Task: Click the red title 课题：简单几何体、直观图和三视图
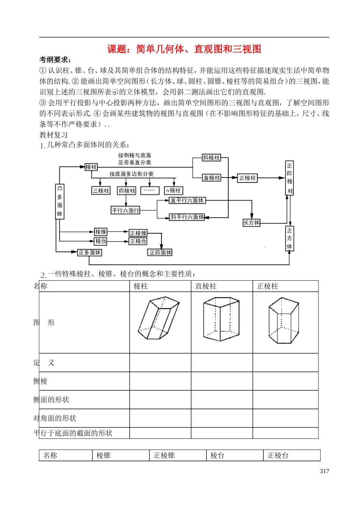(x=184, y=49)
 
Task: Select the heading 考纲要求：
(x=55, y=60)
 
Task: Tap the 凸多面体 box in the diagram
(x=60, y=201)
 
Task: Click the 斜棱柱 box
(x=211, y=158)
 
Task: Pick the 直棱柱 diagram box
(x=211, y=178)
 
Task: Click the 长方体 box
(x=251, y=223)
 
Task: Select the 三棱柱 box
(x=101, y=190)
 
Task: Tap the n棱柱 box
(x=174, y=190)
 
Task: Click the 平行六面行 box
(x=125, y=210)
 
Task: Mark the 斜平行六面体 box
(x=187, y=217)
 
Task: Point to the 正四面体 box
(x=160, y=252)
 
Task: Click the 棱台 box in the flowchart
(x=101, y=241)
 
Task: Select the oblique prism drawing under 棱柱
(x=159, y=319)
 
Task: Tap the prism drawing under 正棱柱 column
(x=284, y=321)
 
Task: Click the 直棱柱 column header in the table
(x=206, y=286)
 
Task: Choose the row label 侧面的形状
(x=51, y=400)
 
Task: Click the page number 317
(x=324, y=471)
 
